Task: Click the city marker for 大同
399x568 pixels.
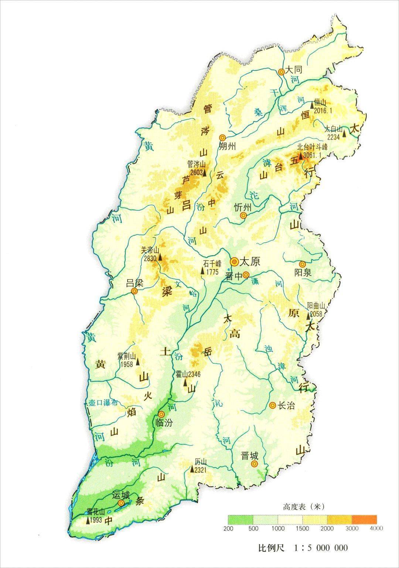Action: pos(282,72)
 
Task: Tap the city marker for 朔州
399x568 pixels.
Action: pos(222,137)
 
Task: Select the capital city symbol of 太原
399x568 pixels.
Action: pos(234,262)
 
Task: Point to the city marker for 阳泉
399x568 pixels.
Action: pos(303,264)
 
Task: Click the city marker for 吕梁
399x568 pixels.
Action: pos(134,291)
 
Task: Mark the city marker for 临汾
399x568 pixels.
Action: pos(161,414)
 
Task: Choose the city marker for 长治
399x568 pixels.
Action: pos(273,406)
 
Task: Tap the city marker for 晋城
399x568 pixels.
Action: pos(254,464)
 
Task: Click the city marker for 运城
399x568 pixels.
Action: pos(121,503)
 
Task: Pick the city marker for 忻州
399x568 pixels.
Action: pos(243,216)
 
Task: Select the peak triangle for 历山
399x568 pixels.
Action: pos(192,469)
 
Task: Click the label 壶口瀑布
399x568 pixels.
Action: pos(103,403)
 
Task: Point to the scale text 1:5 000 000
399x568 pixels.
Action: pos(317,547)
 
